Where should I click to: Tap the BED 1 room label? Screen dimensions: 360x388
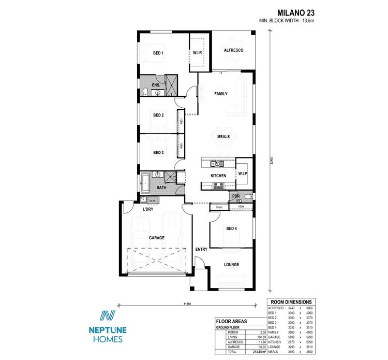tap(158, 53)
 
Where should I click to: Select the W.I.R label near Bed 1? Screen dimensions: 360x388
tap(197, 53)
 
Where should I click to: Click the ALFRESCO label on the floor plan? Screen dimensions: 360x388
tap(233, 50)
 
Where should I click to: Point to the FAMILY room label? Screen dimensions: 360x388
tap(221, 94)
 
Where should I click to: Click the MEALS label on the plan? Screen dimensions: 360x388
tap(223, 137)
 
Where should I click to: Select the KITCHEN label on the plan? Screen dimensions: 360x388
tap(218, 176)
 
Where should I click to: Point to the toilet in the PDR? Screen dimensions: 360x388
tap(248, 196)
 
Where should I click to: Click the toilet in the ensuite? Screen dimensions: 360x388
tap(145, 92)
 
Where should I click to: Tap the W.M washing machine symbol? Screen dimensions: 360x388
tap(153, 200)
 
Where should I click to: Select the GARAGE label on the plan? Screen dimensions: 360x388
tap(157, 238)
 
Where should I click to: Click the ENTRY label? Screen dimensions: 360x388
tap(201, 250)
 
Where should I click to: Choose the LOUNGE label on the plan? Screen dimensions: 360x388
tap(231, 265)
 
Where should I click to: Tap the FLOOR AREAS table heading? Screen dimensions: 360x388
tap(231, 321)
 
